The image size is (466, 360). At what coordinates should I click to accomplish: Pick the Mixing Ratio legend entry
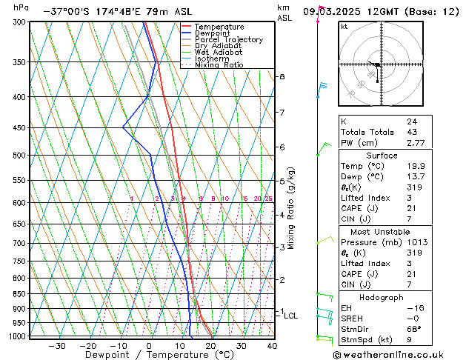(219, 65)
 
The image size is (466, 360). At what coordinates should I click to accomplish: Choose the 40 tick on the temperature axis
(272, 346)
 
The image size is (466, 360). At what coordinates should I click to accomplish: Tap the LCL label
(291, 316)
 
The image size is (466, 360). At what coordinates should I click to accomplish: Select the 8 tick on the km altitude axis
(282, 77)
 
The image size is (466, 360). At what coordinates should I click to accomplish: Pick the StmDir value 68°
(413, 329)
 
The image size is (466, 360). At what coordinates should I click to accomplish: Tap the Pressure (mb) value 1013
(416, 241)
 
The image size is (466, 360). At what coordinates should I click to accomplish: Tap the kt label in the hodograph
(344, 27)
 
